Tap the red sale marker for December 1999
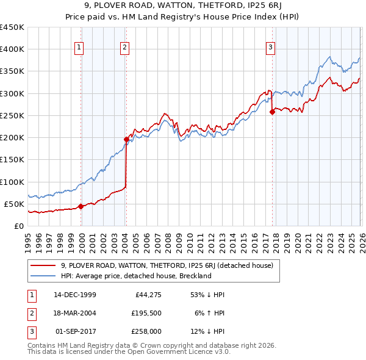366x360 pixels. [x=81, y=206]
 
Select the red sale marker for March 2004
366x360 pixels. [x=126, y=139]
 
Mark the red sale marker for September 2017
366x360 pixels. [x=272, y=111]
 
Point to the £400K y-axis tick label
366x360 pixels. [x=12, y=49]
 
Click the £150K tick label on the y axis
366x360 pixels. [x=12, y=160]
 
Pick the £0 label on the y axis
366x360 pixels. [x=18, y=226]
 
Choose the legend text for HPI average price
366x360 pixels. [x=135, y=276]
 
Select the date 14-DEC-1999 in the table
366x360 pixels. [x=74, y=295]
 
